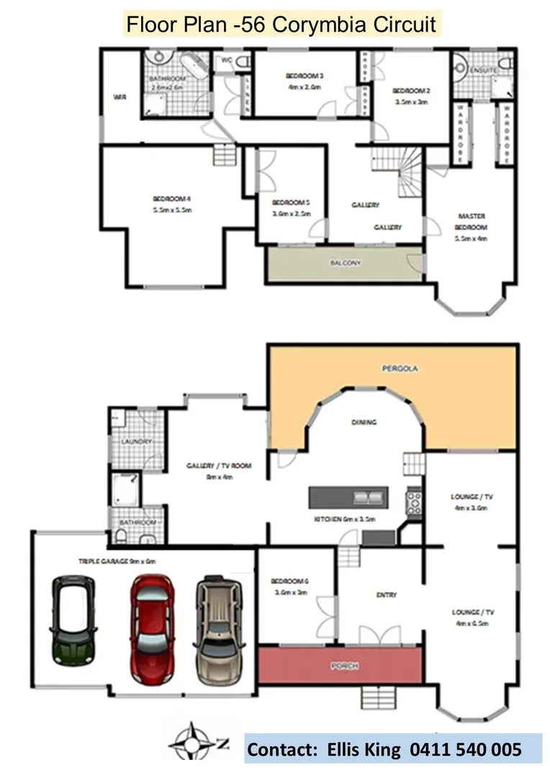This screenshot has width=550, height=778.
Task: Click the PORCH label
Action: click(344, 666)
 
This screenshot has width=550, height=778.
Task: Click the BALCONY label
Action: click(345, 263)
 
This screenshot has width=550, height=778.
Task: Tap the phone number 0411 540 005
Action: click(465, 750)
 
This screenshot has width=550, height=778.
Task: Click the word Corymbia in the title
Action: click(315, 25)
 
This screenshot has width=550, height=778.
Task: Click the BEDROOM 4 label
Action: click(171, 205)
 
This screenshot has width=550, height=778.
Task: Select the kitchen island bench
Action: click(348, 497)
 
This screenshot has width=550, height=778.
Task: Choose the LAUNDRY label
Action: click(137, 441)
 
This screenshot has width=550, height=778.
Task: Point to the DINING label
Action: click(364, 422)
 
